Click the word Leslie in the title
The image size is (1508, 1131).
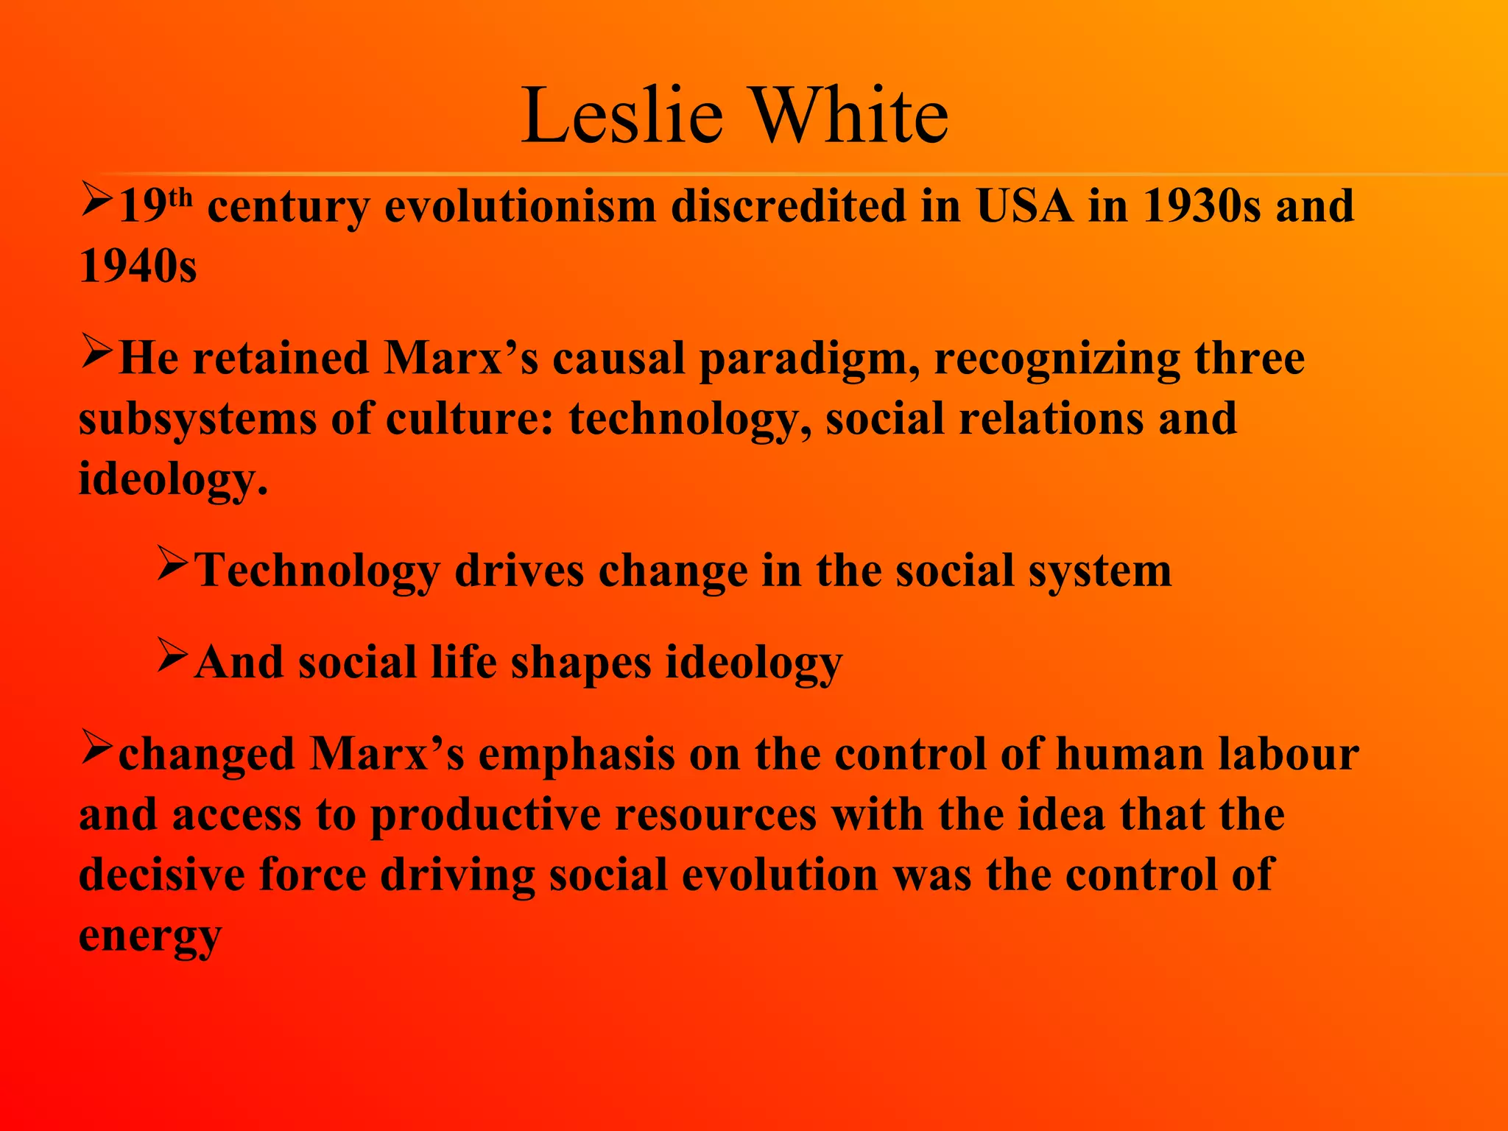click(x=622, y=116)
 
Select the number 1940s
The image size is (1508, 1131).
click(x=138, y=266)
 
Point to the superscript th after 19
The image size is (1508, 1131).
click(x=180, y=197)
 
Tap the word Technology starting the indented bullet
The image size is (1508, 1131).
click(x=317, y=571)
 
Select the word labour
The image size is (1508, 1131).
click(x=1288, y=755)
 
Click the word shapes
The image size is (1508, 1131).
click(x=581, y=663)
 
